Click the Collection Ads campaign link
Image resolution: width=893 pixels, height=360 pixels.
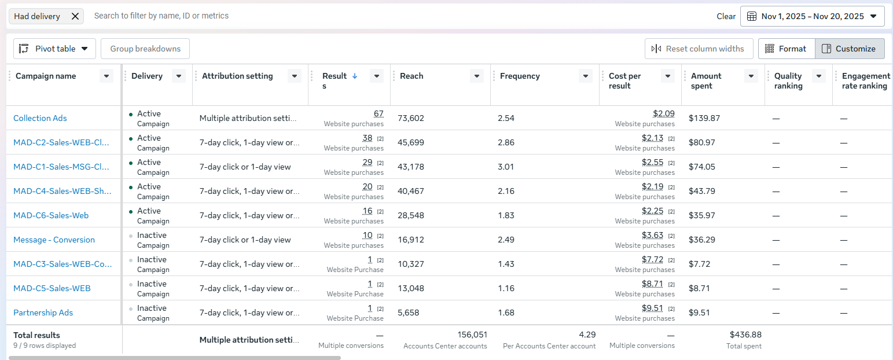tap(40, 118)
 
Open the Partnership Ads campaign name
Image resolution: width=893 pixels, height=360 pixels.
tap(43, 313)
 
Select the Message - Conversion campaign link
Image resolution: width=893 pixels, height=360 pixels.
tap(54, 240)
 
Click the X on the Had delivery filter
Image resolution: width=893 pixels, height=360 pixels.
tap(75, 16)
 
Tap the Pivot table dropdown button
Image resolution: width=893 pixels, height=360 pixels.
tap(54, 49)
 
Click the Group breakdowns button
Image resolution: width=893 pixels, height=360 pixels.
tap(145, 49)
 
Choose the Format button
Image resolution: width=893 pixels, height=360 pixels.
tap(787, 49)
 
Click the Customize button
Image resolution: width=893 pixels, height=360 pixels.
tap(850, 49)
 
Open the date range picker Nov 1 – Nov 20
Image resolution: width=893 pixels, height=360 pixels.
tap(813, 16)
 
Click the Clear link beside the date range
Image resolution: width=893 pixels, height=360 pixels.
tap(726, 16)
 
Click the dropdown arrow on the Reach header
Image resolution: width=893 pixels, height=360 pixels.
tap(477, 76)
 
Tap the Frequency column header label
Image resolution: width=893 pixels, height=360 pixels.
tap(520, 76)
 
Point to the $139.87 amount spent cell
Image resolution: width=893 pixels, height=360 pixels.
tap(704, 118)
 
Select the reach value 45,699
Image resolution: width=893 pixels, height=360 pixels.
tap(411, 142)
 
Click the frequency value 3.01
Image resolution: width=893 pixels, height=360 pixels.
tap(506, 167)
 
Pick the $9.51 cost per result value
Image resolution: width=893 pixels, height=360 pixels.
tap(652, 308)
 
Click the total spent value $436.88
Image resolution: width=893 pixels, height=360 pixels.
tap(745, 335)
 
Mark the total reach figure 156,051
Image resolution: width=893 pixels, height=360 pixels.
tap(472, 335)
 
